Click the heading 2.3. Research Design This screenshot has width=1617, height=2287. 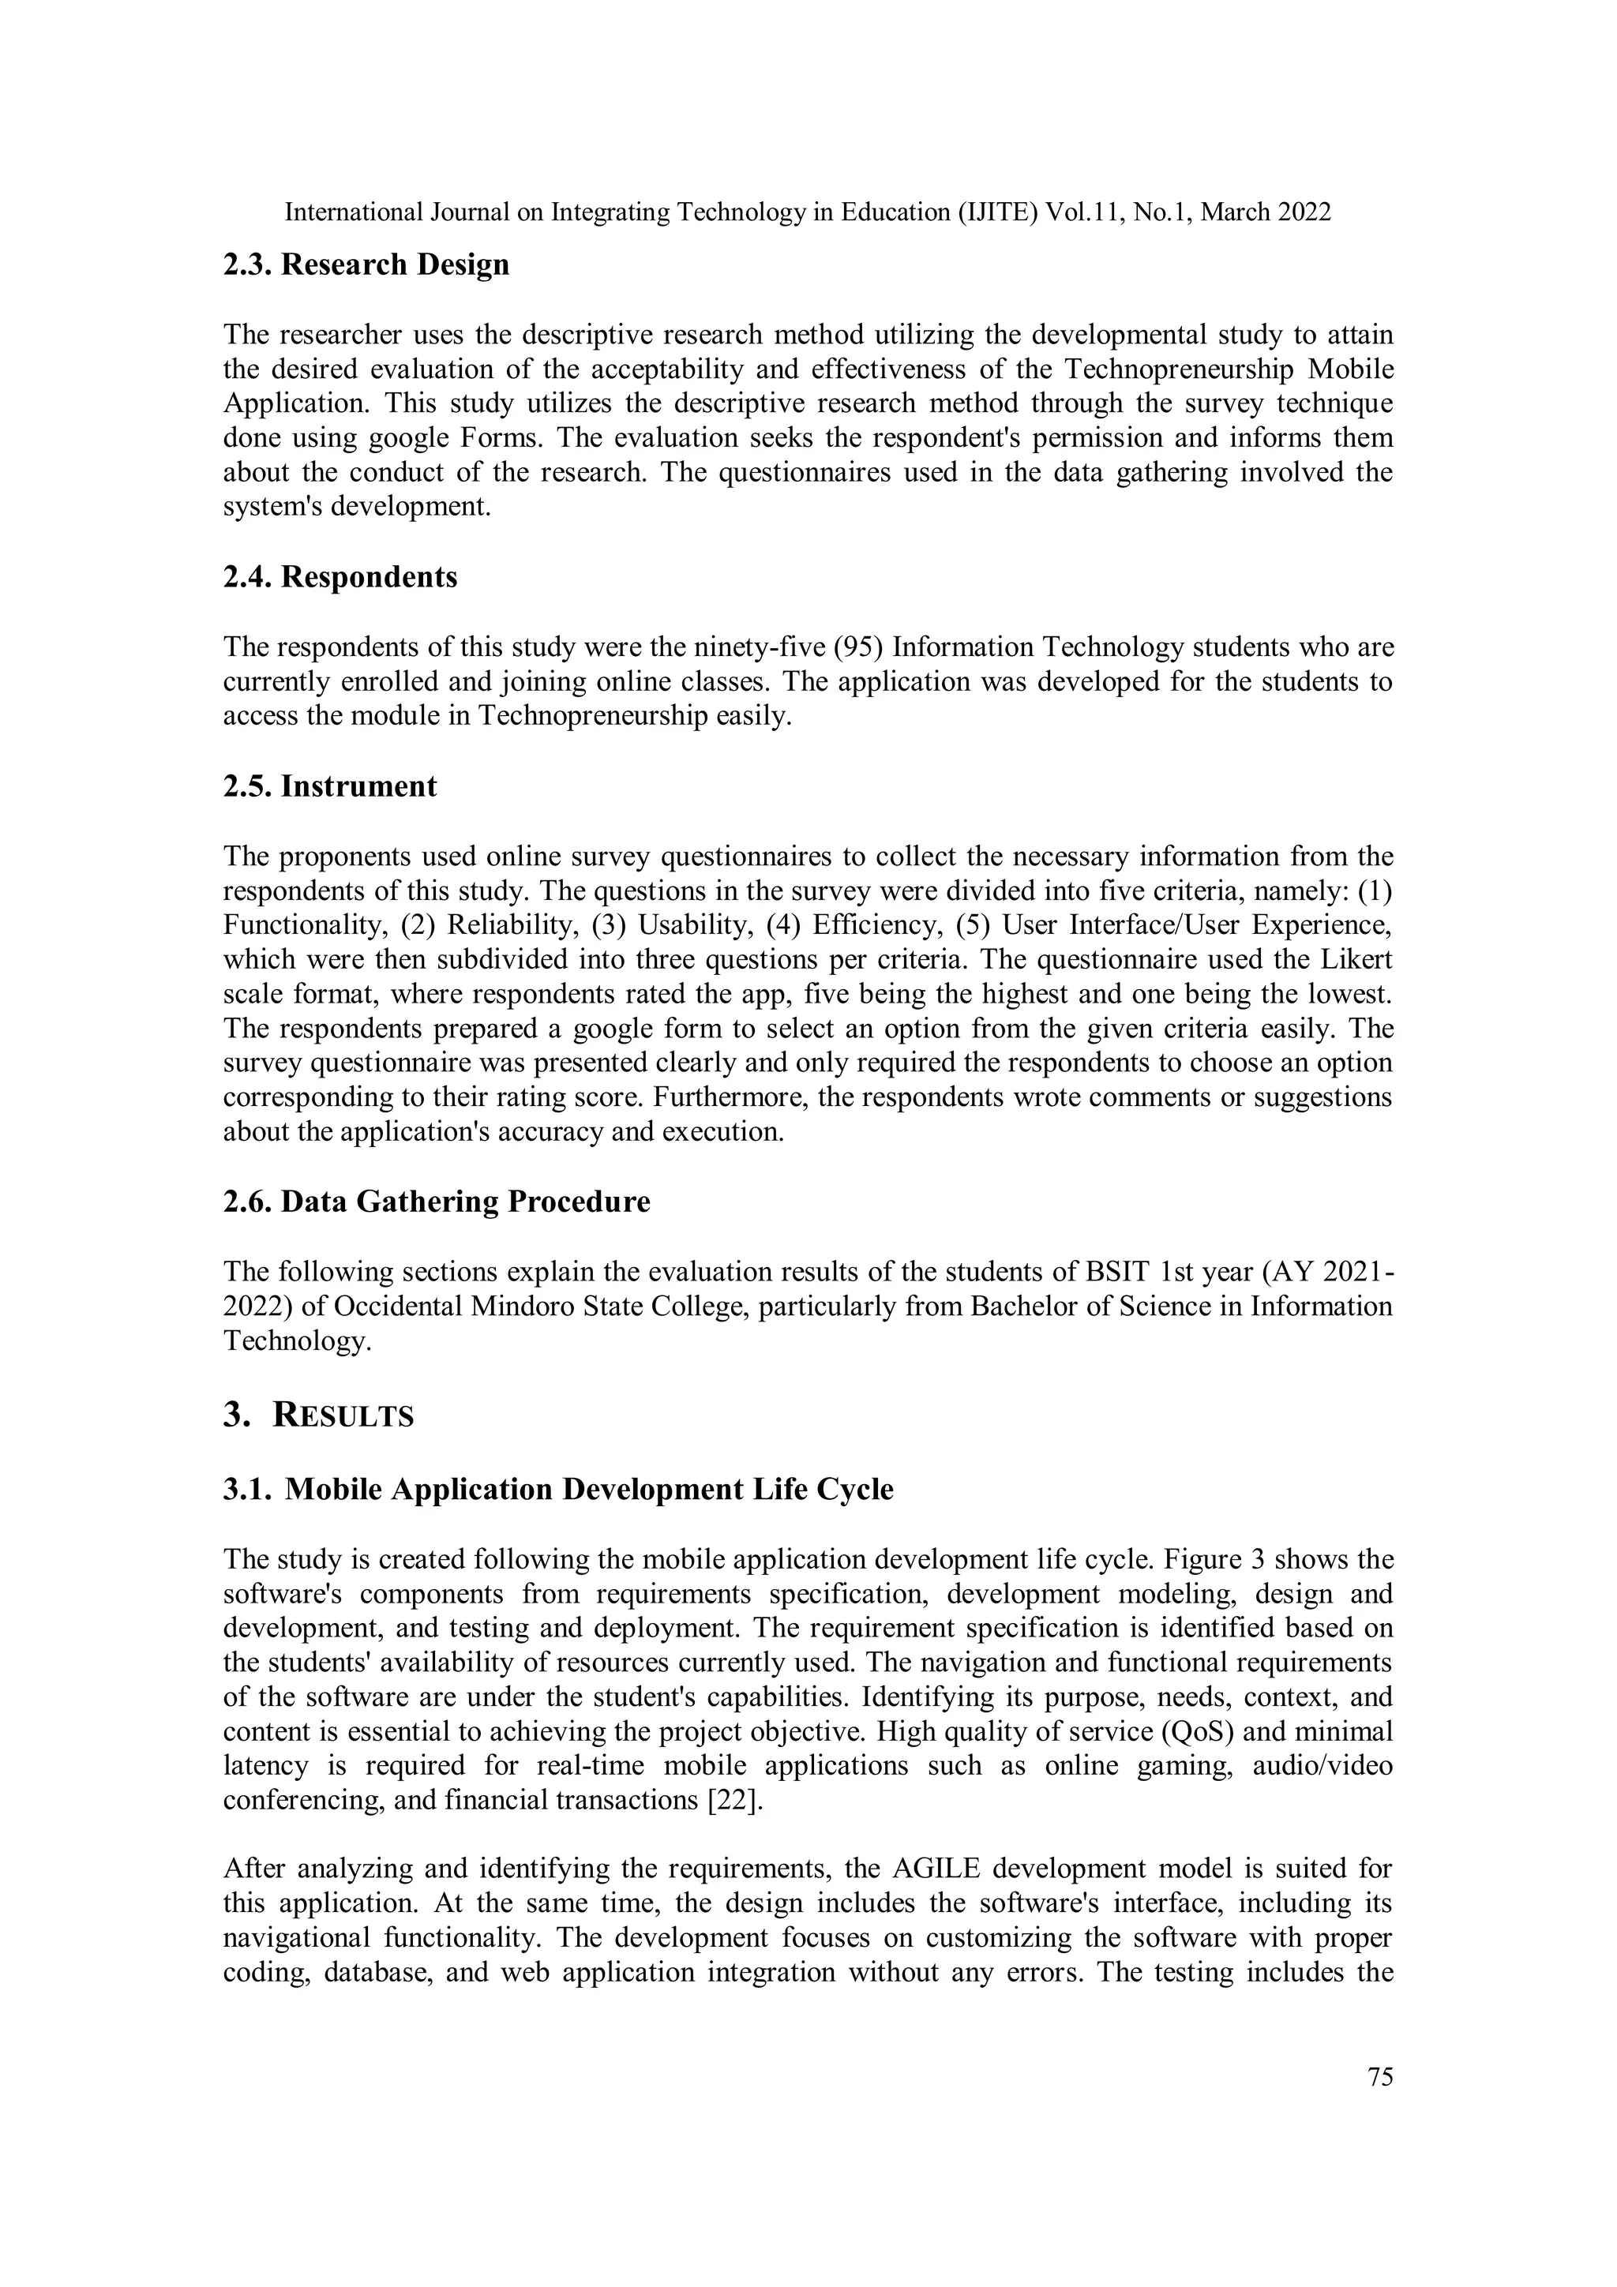pos(366,265)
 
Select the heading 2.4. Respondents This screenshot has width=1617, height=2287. pos(340,578)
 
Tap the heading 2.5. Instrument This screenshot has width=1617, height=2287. pos(330,787)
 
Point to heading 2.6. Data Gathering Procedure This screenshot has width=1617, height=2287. pos(437,1202)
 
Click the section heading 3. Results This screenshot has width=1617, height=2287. pos(318,1415)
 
